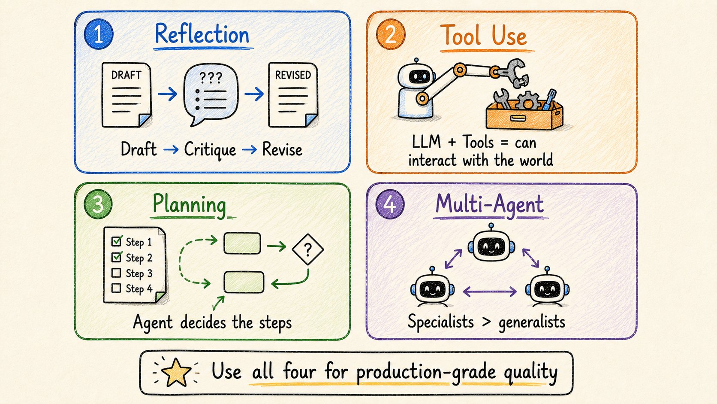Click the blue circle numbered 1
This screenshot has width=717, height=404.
[99, 34]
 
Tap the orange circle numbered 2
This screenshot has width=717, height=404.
[391, 34]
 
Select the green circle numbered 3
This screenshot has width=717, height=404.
[98, 204]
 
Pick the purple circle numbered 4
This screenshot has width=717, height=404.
[390, 204]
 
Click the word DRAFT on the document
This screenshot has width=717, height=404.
[126, 75]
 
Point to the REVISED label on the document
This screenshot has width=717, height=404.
[293, 75]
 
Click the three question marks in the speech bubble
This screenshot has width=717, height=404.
[211, 78]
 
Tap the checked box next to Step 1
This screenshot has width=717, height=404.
[117, 241]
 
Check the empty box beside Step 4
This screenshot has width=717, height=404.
[116, 288]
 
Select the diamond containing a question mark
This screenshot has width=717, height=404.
[308, 249]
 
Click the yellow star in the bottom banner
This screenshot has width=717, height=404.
[176, 372]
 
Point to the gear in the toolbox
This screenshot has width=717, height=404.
[528, 100]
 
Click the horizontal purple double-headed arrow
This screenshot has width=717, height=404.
[490, 292]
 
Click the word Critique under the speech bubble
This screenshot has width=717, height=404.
[210, 150]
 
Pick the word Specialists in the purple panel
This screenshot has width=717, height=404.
[440, 322]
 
